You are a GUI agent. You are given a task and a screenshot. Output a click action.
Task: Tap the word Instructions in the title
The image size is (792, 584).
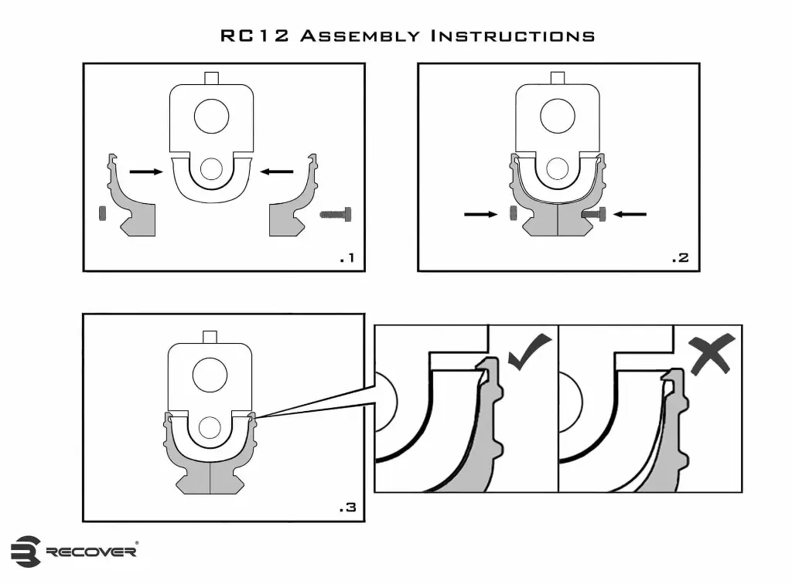512,36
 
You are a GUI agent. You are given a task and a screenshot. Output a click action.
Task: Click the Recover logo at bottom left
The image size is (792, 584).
74,551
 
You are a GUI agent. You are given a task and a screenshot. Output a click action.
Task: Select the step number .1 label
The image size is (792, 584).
346,258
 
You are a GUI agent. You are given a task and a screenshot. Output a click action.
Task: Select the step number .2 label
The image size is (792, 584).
679,258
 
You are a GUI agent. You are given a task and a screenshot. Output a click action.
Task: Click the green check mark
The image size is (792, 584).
530,352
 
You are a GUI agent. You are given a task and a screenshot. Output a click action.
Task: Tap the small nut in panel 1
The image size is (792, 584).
102,212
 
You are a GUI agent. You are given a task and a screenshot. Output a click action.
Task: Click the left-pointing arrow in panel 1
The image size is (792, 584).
277,171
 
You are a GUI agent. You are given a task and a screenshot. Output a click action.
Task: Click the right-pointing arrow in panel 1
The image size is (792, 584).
145,172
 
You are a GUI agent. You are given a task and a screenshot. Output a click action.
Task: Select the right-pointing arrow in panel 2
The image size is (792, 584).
480,215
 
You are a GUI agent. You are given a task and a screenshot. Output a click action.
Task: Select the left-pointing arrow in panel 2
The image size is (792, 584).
629,215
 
